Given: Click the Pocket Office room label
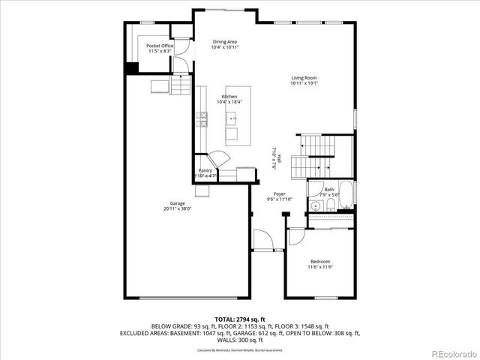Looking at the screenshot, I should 160,46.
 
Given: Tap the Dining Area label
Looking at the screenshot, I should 225,42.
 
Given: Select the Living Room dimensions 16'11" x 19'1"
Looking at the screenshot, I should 304,82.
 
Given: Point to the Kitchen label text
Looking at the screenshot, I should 229,97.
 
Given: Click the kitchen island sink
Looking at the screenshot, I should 232,118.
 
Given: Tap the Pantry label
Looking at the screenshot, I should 205,170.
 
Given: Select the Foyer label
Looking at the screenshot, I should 279,193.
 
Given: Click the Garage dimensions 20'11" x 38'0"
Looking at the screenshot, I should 178,209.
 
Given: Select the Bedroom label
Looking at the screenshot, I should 319,261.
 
